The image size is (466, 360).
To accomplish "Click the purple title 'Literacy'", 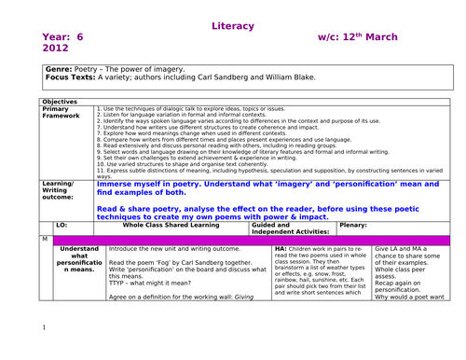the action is [x=232, y=25].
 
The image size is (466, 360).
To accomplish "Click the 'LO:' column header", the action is [x=62, y=225].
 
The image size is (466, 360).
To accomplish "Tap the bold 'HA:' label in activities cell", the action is [x=281, y=250].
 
